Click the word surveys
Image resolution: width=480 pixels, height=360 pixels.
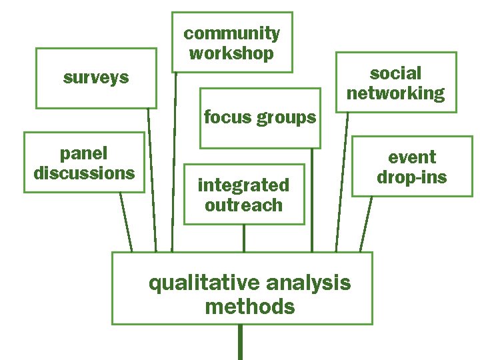click(96, 78)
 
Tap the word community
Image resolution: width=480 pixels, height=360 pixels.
click(231, 33)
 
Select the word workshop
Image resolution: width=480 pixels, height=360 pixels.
click(231, 53)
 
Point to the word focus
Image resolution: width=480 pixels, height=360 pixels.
click(225, 118)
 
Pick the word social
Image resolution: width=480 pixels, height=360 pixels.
click(395, 73)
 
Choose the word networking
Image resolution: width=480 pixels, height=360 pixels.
click(395, 93)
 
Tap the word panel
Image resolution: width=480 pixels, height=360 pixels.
click(83, 153)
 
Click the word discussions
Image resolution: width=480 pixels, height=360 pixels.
click(84, 173)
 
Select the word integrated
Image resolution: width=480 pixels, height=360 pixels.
click(243, 185)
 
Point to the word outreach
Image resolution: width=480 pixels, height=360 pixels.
click(243, 205)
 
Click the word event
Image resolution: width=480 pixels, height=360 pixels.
click(412, 157)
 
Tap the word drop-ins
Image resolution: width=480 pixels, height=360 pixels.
click(412, 177)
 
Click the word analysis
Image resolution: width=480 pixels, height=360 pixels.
click(308, 283)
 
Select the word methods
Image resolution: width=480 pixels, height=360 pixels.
click(249, 307)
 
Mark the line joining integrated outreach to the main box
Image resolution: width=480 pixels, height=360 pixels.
click(244, 238)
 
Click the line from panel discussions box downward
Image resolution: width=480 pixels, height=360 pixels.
click(126, 222)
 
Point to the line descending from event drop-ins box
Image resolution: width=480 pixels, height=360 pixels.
click(365, 224)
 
